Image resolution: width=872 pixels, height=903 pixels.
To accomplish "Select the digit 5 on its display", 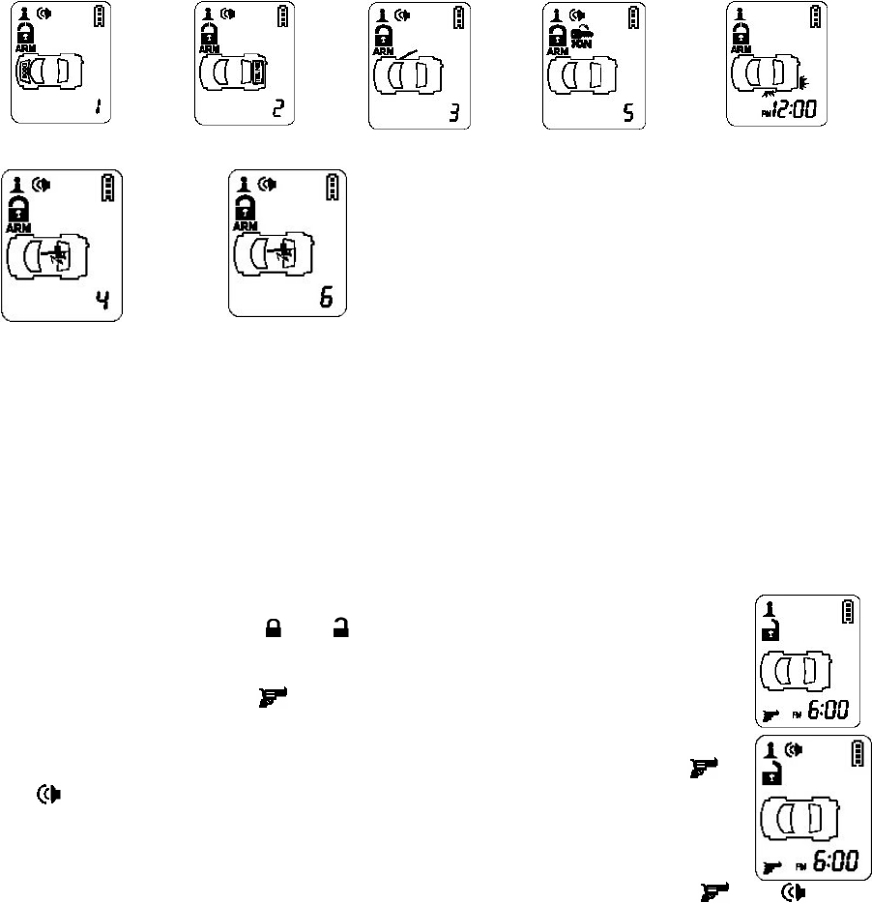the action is (628, 109).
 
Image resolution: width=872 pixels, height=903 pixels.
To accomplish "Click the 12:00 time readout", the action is (792, 108).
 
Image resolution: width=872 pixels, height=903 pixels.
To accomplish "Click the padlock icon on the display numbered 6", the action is (247, 205).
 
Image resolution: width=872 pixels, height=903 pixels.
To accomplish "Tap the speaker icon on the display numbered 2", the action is (229, 13).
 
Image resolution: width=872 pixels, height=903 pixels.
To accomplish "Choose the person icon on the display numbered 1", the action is (22, 14).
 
